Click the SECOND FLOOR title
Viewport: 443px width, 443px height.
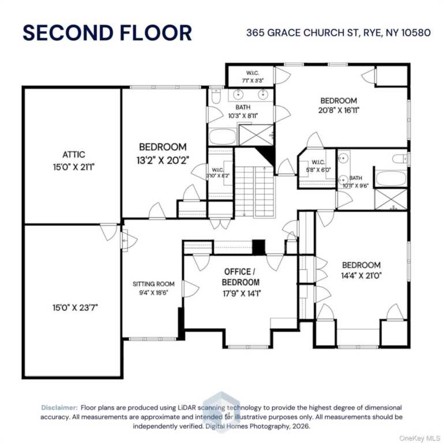pyautogui.click(x=107, y=32)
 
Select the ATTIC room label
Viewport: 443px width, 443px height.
pyautogui.click(x=73, y=155)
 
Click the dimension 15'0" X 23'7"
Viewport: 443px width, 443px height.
pyautogui.click(x=73, y=307)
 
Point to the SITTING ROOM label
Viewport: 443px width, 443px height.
pyautogui.click(x=153, y=284)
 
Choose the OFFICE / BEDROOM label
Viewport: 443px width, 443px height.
pyautogui.click(x=241, y=277)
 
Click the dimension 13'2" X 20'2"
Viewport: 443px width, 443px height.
pyautogui.click(x=163, y=159)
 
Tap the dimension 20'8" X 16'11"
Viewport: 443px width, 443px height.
pyautogui.click(x=339, y=111)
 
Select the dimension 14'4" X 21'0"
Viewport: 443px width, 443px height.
pyautogui.click(x=361, y=276)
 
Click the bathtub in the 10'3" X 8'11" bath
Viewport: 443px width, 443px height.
pyautogui.click(x=222, y=137)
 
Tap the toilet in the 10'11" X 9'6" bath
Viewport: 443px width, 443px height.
pyautogui.click(x=399, y=159)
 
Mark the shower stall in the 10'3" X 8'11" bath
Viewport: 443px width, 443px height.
pyautogui.click(x=256, y=135)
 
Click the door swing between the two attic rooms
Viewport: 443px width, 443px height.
pyautogui.click(x=107, y=232)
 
